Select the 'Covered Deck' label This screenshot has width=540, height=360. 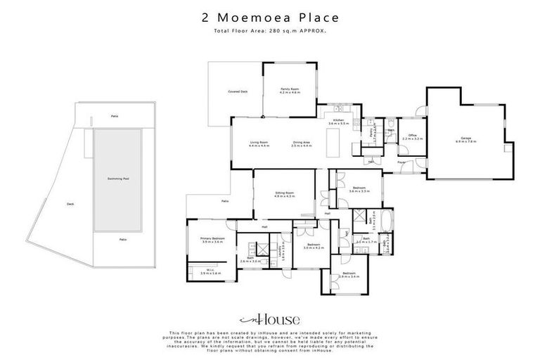238,91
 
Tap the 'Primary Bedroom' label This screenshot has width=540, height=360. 212,240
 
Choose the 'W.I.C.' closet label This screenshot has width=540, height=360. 210,271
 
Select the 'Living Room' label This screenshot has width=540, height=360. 259,144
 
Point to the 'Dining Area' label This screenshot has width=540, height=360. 302,144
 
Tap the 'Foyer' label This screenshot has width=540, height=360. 401,162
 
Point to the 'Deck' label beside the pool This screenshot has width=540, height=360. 70,205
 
